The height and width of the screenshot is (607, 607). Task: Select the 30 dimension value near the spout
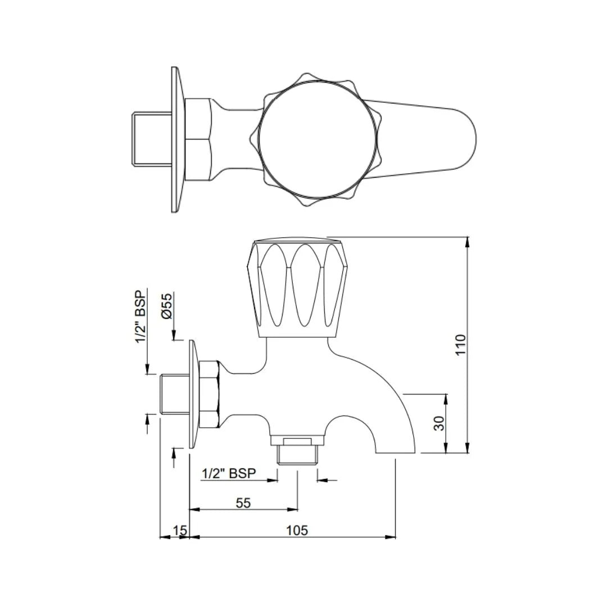(440, 423)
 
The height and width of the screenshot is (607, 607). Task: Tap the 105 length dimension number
(297, 530)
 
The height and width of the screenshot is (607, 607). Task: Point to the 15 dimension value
(179, 530)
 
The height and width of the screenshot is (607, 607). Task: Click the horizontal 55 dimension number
(243, 503)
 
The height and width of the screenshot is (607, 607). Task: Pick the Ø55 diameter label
(167, 306)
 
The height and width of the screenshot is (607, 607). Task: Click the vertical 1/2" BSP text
(140, 316)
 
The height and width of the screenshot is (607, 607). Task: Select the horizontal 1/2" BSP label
(229, 474)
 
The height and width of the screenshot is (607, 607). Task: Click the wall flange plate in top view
(178, 139)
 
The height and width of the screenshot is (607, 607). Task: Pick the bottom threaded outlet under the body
(297, 450)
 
